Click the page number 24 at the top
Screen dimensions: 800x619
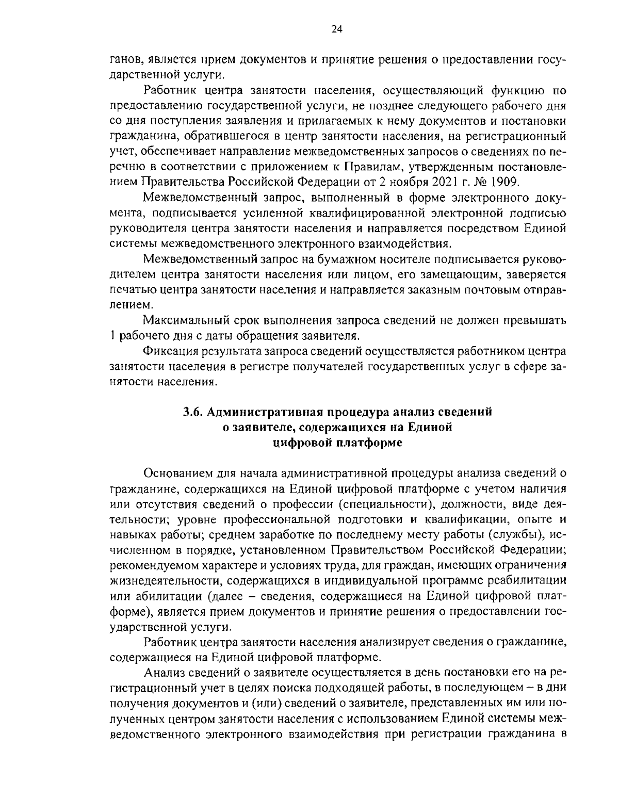(x=336, y=29)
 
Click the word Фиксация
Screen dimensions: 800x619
(x=168, y=352)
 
